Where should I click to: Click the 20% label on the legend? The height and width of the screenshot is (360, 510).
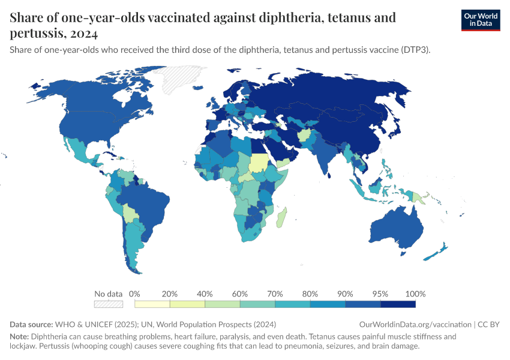[x=170, y=294]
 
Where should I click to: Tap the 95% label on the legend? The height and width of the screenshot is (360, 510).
[x=380, y=294]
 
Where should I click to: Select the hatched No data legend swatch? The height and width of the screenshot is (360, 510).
[x=108, y=304]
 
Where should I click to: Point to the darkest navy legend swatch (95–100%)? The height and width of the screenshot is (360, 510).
[x=398, y=304]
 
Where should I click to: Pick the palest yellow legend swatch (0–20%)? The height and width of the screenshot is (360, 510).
[x=152, y=304]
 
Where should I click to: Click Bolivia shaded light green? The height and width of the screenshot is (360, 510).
[x=130, y=212]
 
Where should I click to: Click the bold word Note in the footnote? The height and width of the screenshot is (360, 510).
[x=19, y=337]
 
